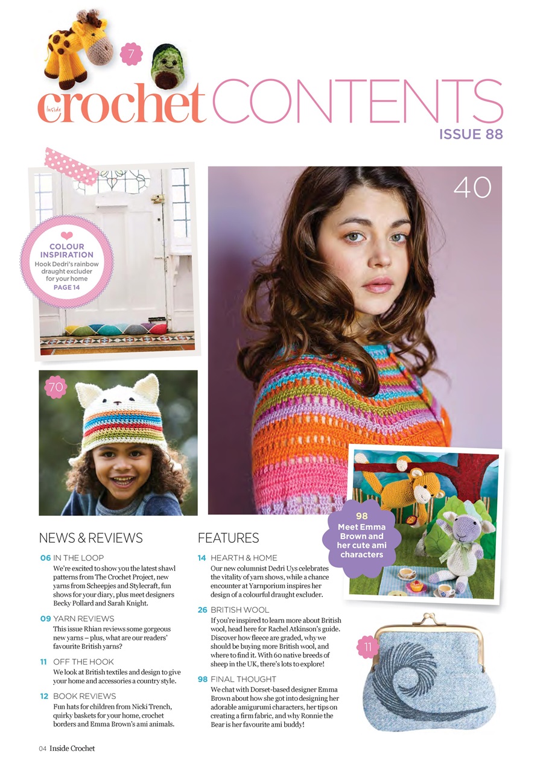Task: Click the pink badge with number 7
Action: click(131, 54)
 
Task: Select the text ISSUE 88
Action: click(471, 134)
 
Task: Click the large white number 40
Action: click(472, 188)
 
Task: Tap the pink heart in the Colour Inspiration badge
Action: click(67, 235)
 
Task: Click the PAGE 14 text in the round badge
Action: click(66, 287)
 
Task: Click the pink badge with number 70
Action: click(56, 388)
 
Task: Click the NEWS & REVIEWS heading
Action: click(90, 537)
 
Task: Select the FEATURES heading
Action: click(228, 537)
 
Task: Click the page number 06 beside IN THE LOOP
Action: click(45, 558)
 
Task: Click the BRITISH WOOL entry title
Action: click(240, 610)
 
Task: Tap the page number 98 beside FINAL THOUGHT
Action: click(203, 679)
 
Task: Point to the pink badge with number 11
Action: click(367, 648)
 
